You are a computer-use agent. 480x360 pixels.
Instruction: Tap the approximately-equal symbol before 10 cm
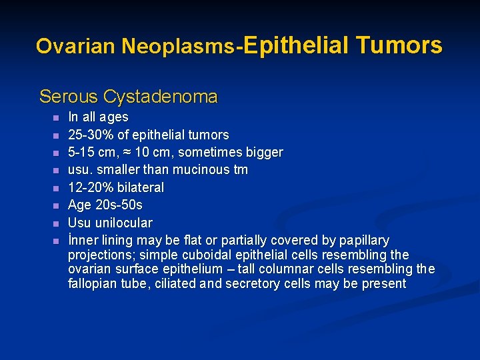point(129,153)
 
